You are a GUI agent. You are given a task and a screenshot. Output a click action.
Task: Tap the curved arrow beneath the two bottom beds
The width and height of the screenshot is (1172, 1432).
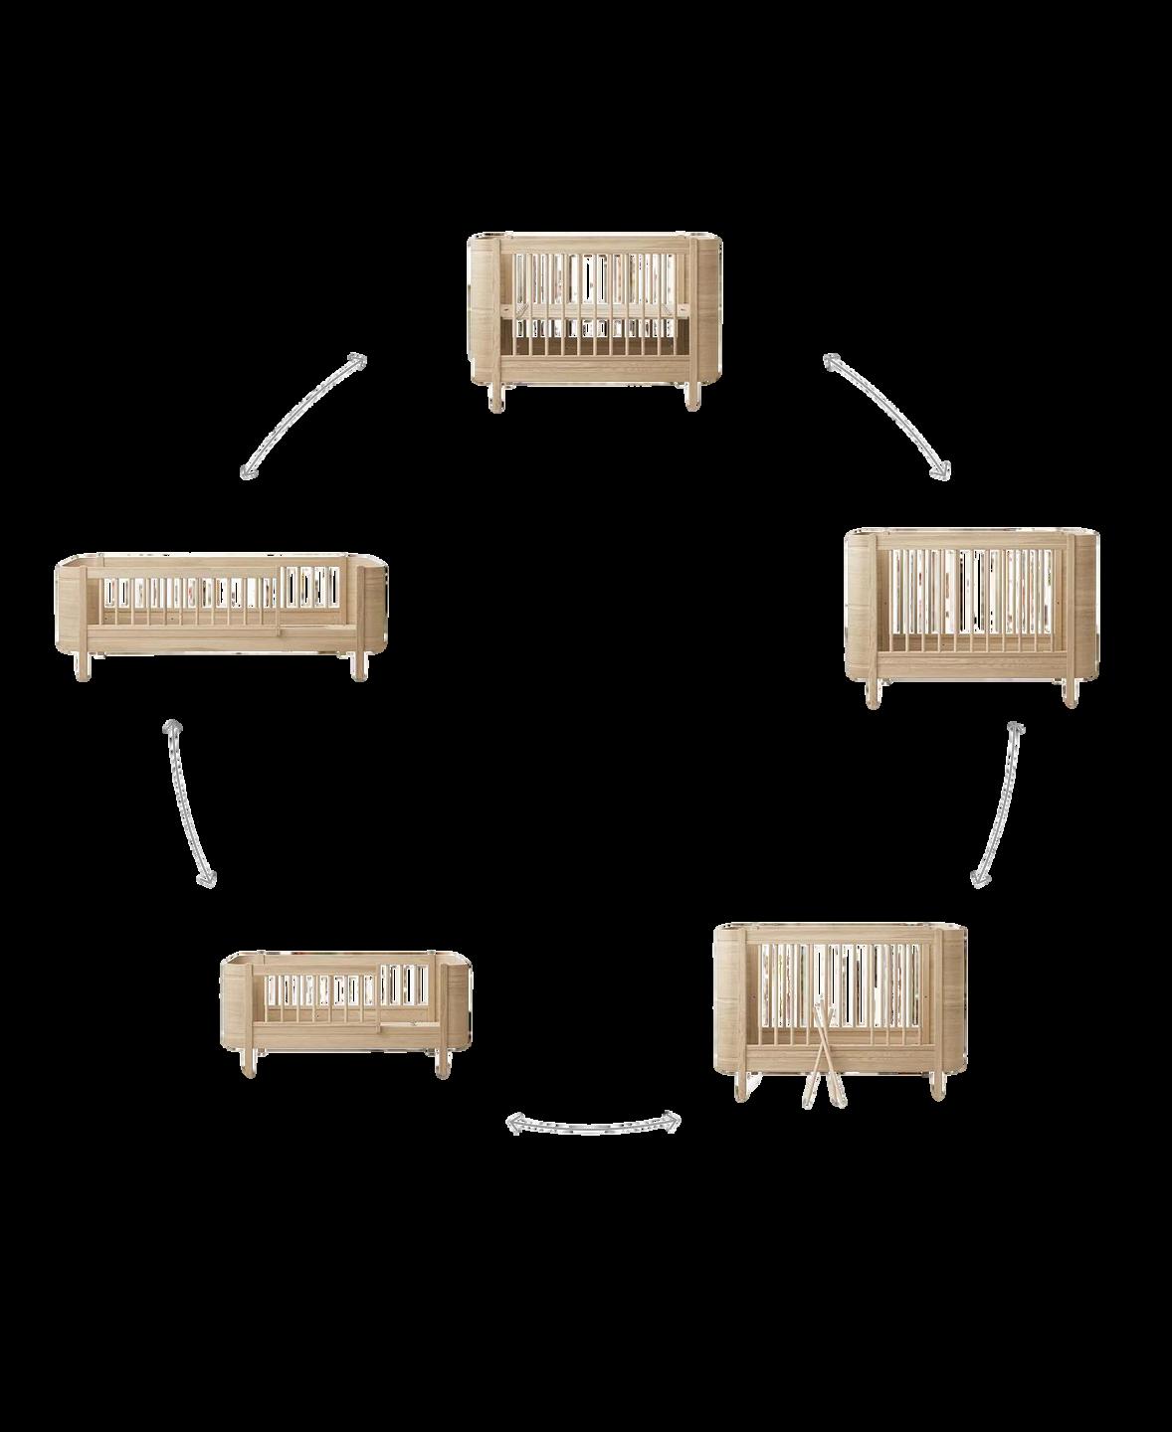click(x=594, y=1124)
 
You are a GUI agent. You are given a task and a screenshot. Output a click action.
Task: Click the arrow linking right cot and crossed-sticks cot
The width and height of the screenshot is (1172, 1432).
click(x=998, y=804)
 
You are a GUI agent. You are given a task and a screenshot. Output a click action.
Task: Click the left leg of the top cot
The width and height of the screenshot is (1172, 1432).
click(x=494, y=395)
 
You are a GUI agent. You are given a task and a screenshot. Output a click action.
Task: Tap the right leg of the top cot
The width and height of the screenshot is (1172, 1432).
click(x=690, y=395)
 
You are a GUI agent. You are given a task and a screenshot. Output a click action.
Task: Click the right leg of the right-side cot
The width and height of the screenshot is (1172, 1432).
click(x=1069, y=694)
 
